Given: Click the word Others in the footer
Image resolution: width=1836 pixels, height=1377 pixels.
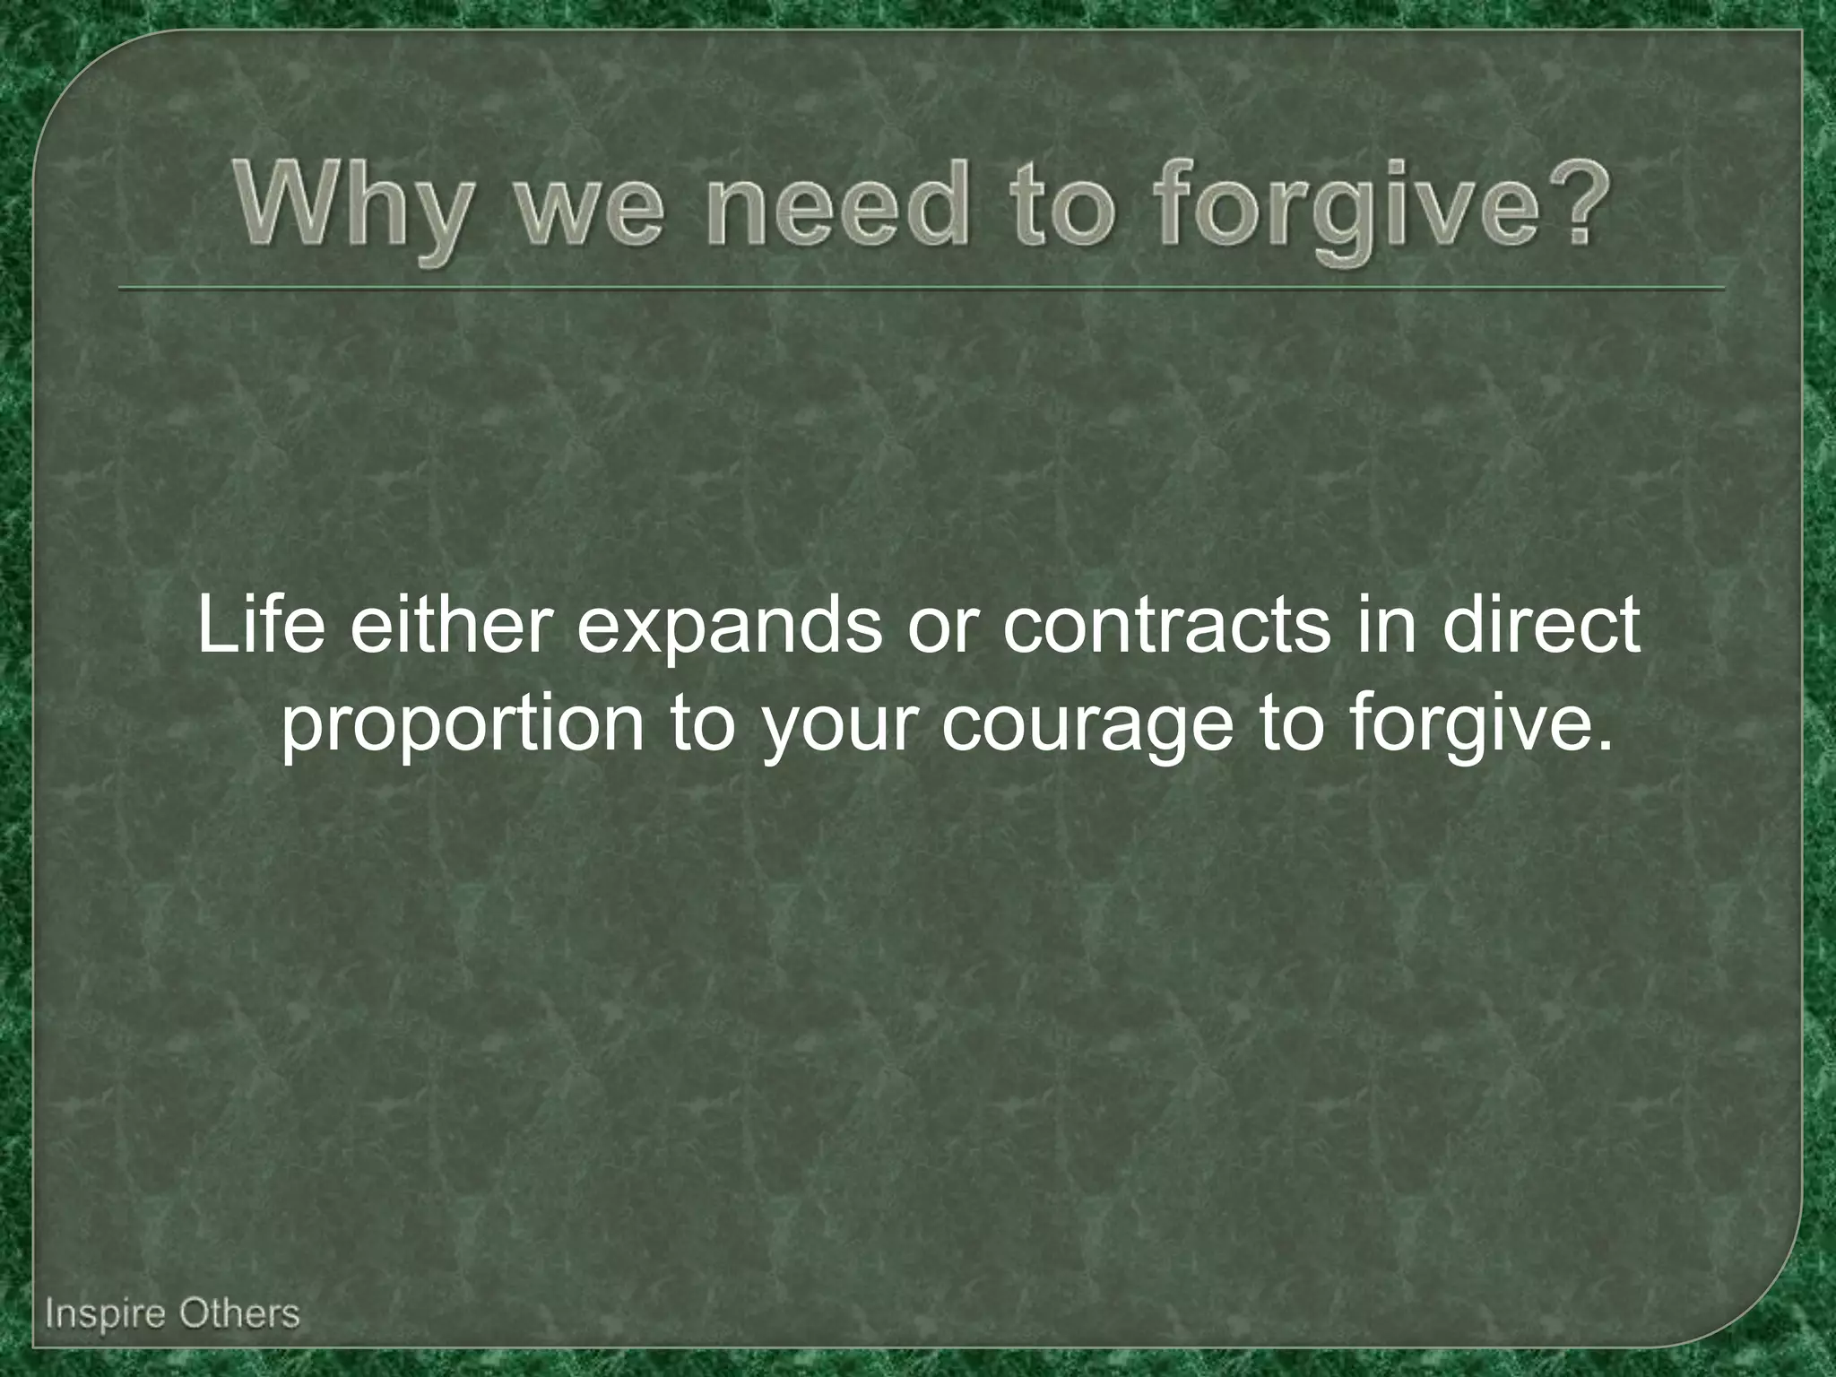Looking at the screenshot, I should click(x=238, y=1314).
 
